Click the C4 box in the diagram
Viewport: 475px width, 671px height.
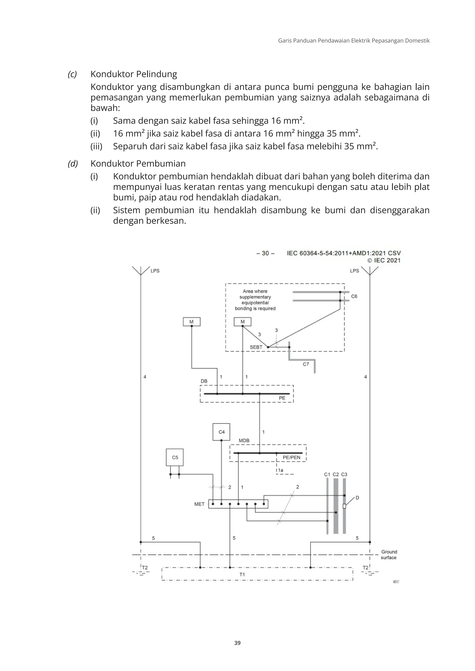point(221,432)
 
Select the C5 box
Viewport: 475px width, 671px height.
point(175,457)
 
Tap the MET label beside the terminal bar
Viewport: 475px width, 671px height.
point(199,504)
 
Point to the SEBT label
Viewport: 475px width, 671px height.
point(256,347)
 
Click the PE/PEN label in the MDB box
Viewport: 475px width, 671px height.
point(291,457)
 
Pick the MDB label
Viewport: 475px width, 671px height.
point(244,440)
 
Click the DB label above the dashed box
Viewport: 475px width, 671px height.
point(204,381)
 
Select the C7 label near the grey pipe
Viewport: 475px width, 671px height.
point(306,364)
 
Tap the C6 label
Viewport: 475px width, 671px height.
point(354,296)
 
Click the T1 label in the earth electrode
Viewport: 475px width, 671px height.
point(242,575)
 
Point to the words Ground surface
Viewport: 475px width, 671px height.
point(389,554)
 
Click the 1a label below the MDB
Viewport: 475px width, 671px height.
point(280,470)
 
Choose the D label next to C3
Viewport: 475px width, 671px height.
point(357,498)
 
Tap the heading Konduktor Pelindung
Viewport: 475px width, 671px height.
point(134,74)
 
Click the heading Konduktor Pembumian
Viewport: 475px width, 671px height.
point(138,164)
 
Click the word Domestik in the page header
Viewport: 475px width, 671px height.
point(417,41)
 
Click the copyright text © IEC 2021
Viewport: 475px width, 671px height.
point(384,260)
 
